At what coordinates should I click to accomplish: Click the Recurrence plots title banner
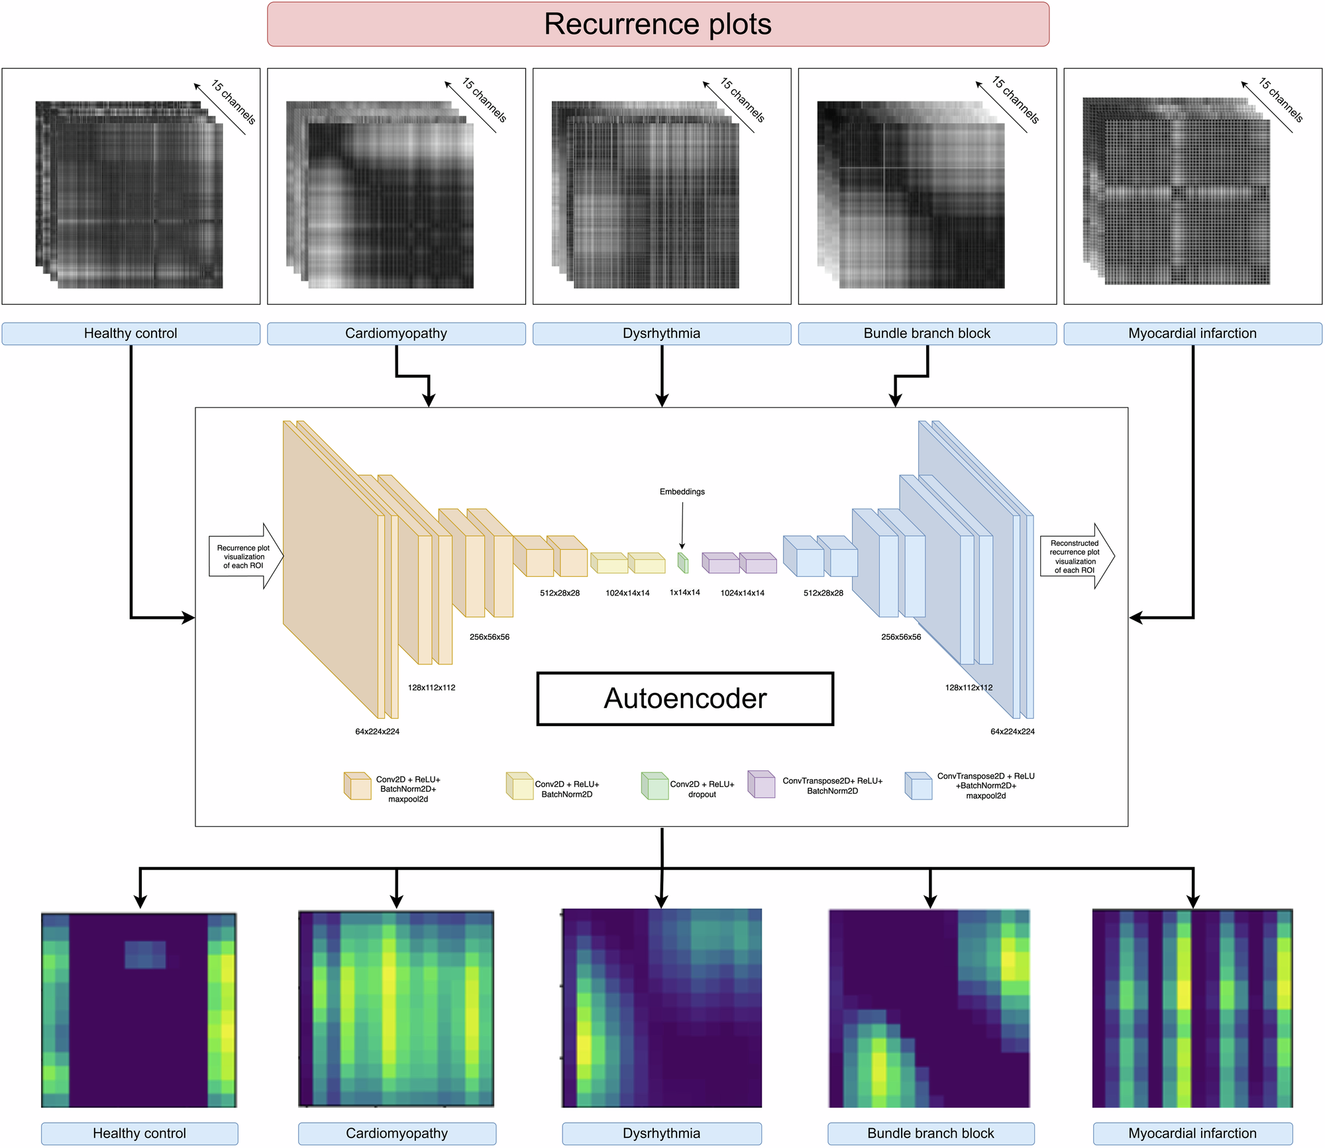click(x=658, y=25)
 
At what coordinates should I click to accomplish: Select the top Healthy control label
click(x=131, y=333)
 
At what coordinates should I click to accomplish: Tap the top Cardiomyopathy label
click(x=396, y=333)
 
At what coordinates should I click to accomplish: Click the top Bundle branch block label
click(x=927, y=333)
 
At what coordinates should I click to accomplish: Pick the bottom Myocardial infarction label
click(x=1192, y=1133)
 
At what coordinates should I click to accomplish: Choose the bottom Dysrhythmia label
click(x=661, y=1133)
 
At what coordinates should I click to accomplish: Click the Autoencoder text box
click(x=685, y=699)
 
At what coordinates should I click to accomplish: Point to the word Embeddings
click(x=682, y=492)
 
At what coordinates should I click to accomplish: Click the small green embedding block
click(x=683, y=563)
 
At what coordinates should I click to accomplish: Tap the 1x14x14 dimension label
click(x=684, y=592)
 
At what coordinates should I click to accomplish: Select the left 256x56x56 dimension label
click(x=490, y=637)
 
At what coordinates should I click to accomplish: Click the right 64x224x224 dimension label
click(x=1012, y=731)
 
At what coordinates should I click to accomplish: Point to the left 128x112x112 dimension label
click(x=431, y=688)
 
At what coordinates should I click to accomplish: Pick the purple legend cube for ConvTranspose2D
click(x=761, y=784)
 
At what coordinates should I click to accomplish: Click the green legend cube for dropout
click(x=655, y=786)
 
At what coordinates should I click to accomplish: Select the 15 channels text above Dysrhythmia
click(x=743, y=100)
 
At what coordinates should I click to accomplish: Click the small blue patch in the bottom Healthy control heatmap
click(x=145, y=955)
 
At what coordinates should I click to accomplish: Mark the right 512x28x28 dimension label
click(x=823, y=593)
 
